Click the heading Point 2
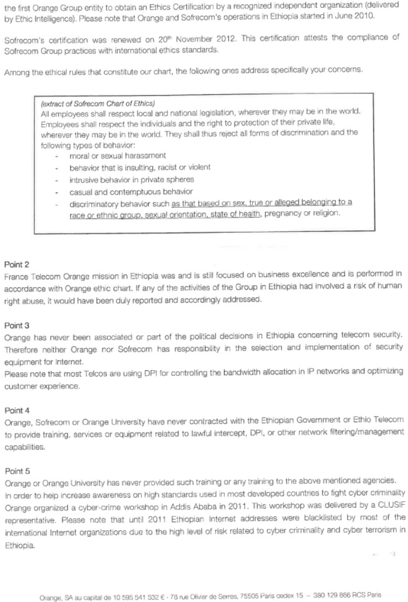[17, 264]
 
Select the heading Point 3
[17, 326]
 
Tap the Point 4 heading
[17, 410]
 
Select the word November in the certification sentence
[193, 39]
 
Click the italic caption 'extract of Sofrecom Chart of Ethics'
[97, 104]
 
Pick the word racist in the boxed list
[167, 167]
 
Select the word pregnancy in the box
[282, 213]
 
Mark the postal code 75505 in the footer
[251, 596]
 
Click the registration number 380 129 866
[333, 595]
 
